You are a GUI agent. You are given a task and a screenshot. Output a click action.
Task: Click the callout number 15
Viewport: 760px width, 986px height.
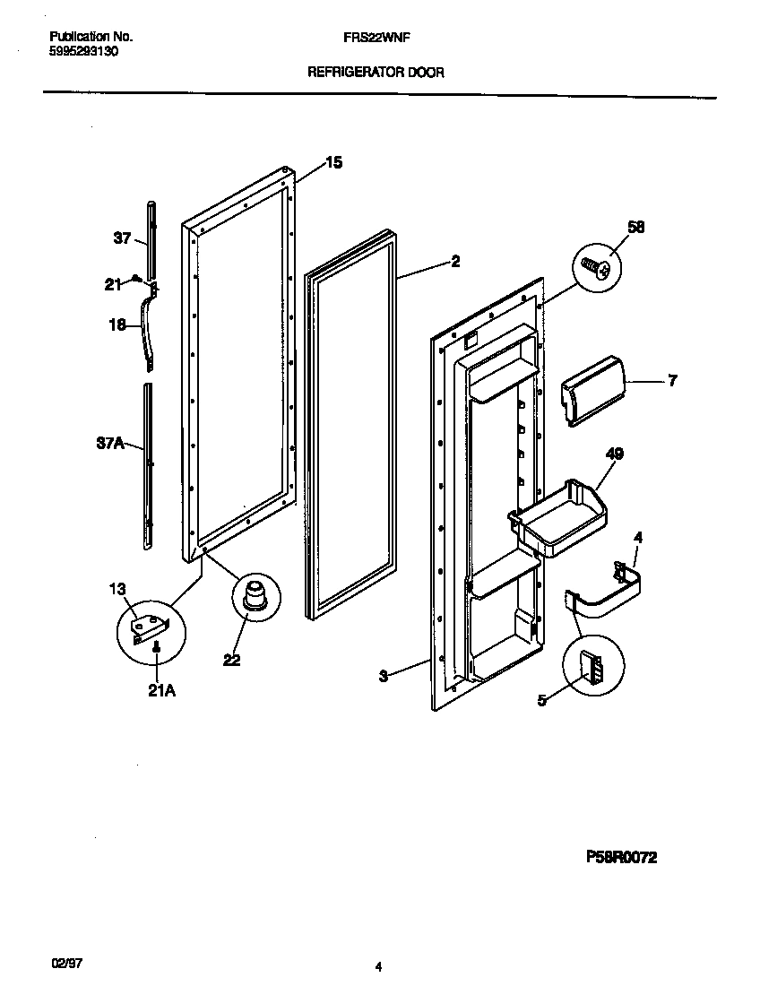[x=333, y=162]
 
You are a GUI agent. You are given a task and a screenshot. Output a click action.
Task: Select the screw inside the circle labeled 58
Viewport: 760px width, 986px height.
[x=597, y=266]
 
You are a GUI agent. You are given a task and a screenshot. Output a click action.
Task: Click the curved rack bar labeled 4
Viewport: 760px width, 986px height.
[x=609, y=594]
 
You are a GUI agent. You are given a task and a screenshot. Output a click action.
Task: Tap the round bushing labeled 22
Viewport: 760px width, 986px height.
[x=255, y=595]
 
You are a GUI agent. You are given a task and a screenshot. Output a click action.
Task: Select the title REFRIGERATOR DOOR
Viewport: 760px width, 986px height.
[x=376, y=73]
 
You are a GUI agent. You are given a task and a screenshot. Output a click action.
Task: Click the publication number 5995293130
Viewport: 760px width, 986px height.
[x=83, y=51]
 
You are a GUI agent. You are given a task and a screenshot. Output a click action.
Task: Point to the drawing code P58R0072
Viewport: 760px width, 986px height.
[x=622, y=857]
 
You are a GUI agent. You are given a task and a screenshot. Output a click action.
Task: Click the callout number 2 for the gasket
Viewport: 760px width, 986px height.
[x=455, y=261]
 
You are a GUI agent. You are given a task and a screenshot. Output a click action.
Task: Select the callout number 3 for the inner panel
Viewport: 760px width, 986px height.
[x=383, y=676]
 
